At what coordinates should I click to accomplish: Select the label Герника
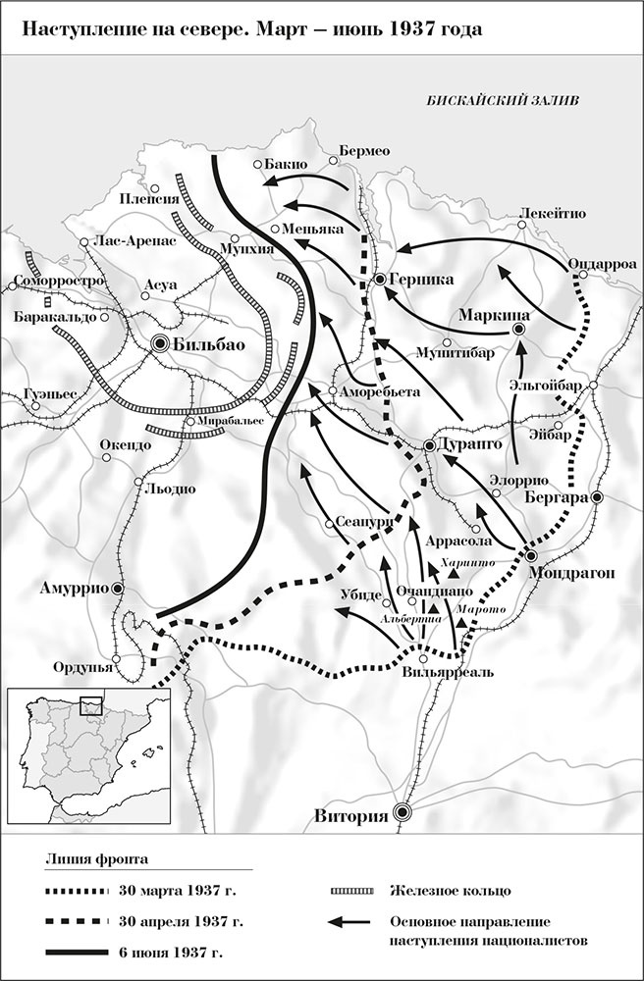click(421, 280)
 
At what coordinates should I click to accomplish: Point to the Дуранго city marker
click(430, 446)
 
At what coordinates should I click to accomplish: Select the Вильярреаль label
click(441, 673)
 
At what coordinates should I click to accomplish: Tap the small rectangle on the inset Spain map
click(91, 706)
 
